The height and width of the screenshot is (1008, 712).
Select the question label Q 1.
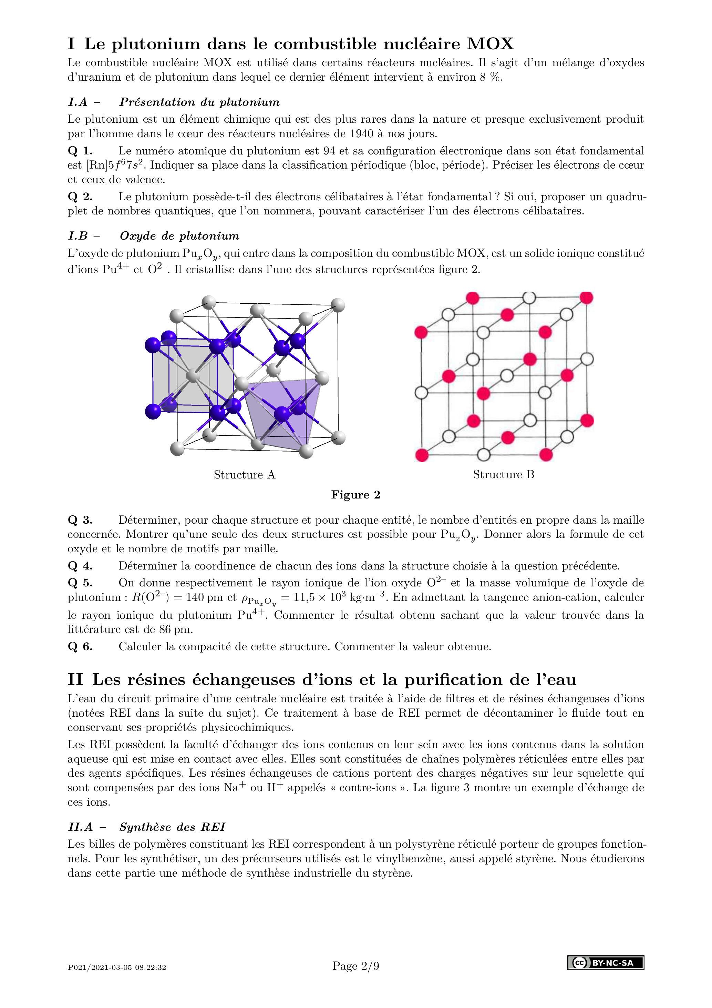(x=80, y=151)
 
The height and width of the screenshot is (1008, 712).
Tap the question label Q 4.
(x=80, y=566)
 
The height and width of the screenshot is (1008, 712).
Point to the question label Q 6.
(x=80, y=647)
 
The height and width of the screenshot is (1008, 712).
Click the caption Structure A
(x=244, y=475)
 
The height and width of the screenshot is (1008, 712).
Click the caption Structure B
(x=504, y=475)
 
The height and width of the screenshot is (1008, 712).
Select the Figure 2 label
(x=356, y=495)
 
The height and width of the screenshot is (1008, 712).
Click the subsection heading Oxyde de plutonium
(x=179, y=236)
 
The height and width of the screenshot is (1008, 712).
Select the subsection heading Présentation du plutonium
(x=199, y=102)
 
